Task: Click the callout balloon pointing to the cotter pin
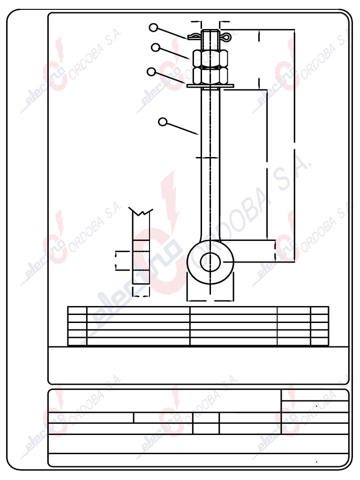point(153,28)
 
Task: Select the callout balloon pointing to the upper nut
point(156,47)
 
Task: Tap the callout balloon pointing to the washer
point(151,72)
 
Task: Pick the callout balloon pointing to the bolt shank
point(163,122)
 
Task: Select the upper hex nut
point(210,59)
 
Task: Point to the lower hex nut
point(210,75)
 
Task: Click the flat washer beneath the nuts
point(210,86)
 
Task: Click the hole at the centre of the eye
point(210,262)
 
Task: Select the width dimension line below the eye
point(210,299)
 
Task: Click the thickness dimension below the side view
point(141,295)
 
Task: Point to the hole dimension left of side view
point(116,261)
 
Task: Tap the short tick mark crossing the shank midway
point(207,157)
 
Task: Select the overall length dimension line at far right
point(294,145)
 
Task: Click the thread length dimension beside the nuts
point(259,59)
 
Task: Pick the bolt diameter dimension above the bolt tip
point(210,22)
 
